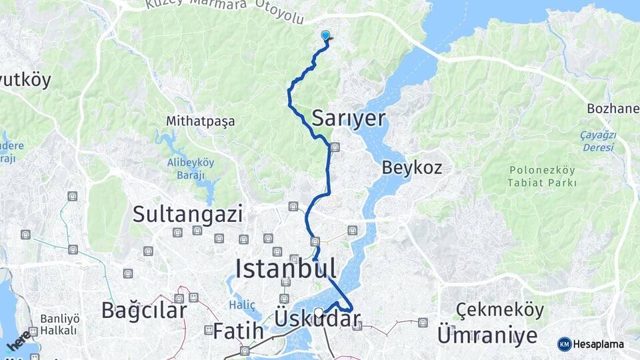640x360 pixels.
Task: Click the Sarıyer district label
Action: pos(348,119)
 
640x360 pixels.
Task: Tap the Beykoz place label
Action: pos(412,167)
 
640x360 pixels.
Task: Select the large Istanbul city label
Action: pos(285,268)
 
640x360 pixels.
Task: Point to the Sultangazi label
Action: pos(187,214)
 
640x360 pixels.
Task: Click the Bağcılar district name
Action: pos(144,310)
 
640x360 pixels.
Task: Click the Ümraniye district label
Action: pos(487,335)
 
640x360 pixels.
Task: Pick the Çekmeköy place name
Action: pos(500,310)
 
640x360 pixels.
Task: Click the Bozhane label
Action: pos(613,108)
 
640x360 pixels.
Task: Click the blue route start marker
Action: pos(325,36)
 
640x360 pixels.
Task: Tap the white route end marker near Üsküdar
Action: pos(319,312)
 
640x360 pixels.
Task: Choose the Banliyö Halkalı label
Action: pos(59,324)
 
